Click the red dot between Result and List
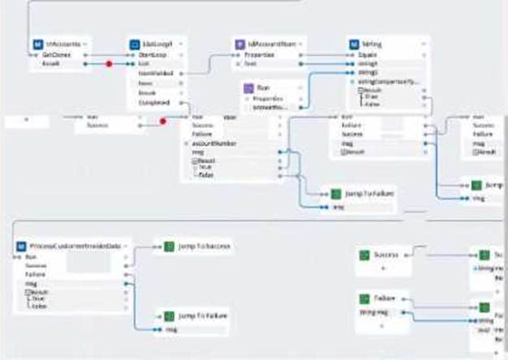pos(108,63)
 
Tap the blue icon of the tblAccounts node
pos(37,44)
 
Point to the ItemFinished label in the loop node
pos(147,73)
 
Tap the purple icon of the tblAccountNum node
pos(239,44)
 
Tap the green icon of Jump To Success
pos(169,246)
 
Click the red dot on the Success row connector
pos(162,121)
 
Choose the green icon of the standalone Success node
pos(365,255)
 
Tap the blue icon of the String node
pos(354,44)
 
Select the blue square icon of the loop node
pos(135,44)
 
